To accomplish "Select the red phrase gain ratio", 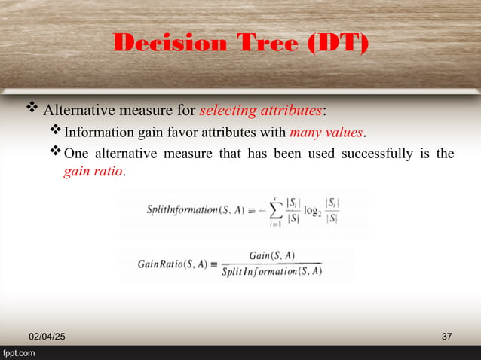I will click(x=93, y=172).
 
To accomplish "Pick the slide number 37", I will click(x=446, y=335).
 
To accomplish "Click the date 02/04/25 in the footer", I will click(x=47, y=335).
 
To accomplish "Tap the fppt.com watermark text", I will click(x=19, y=352).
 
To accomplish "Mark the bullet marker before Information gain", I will click(x=55, y=133).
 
